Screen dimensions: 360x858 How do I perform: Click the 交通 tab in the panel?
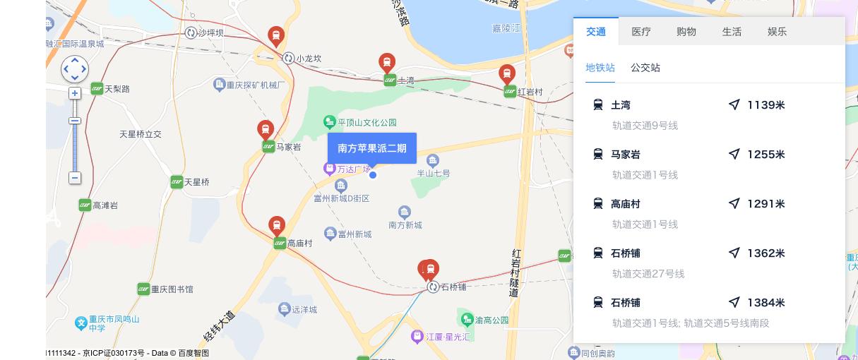596,32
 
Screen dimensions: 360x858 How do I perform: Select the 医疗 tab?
641,32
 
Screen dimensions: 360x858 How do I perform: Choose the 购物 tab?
686,32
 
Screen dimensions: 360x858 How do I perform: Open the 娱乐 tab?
777,32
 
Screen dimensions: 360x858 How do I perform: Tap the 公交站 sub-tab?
645,68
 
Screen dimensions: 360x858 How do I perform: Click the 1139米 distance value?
765,105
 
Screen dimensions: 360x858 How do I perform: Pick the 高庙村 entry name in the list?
625,204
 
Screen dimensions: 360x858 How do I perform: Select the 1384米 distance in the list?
765,303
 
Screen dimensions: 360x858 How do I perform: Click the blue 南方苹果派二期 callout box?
372,148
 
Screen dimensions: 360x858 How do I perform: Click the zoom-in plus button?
75,93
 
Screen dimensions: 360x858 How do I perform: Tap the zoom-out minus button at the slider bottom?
75,178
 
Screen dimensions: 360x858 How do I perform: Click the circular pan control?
75,69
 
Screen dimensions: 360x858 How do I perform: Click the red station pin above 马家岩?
266,130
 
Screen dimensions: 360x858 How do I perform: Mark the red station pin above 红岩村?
506,73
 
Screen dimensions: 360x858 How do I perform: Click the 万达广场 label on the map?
353,169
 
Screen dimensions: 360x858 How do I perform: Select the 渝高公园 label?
491,320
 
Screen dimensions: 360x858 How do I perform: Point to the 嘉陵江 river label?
506,29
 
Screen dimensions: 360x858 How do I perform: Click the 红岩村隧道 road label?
515,272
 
